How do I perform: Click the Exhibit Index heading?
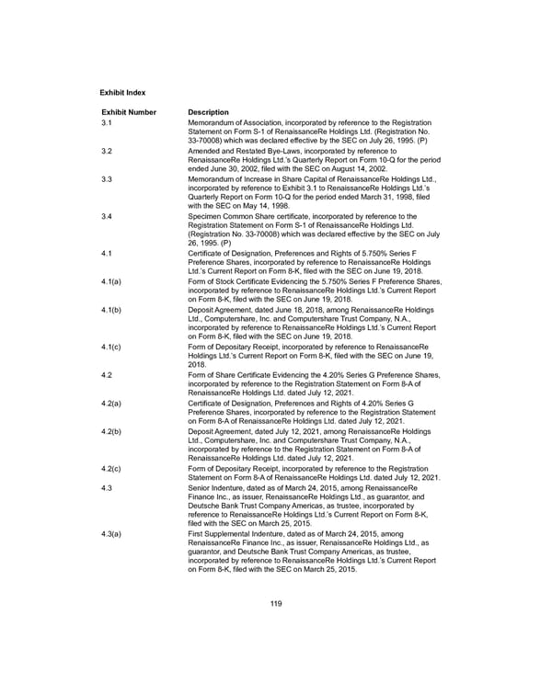(x=122, y=93)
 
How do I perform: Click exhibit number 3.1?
(x=107, y=123)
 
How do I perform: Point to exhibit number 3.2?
(x=107, y=150)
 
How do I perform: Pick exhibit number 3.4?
(x=107, y=216)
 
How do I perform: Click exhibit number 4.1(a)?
(x=112, y=281)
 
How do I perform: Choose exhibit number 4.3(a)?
(x=112, y=533)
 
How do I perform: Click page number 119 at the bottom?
(x=277, y=603)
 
